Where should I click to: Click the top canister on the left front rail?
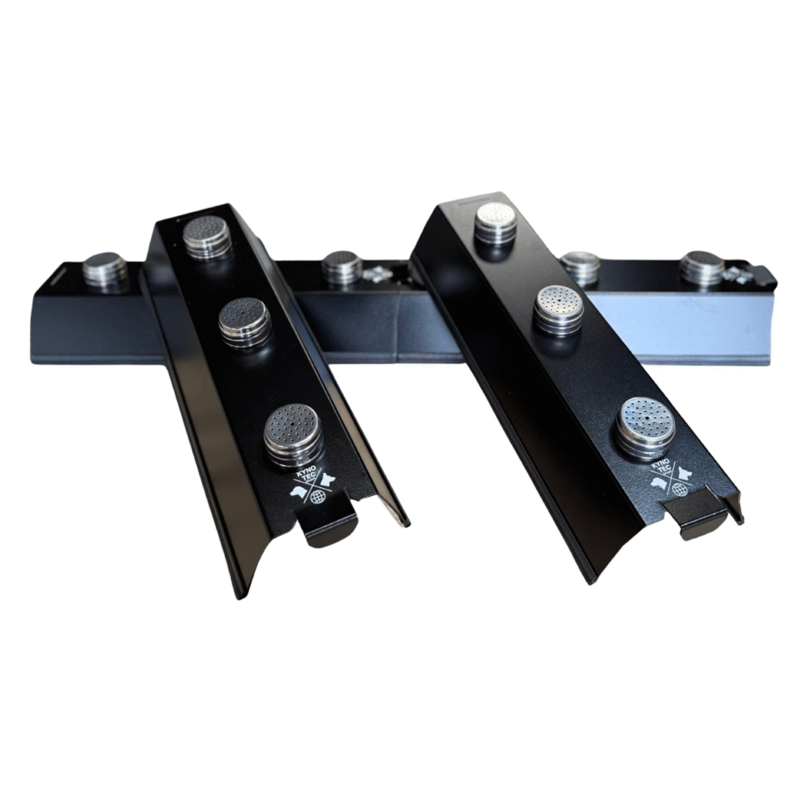206,235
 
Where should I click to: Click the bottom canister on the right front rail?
645,425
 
